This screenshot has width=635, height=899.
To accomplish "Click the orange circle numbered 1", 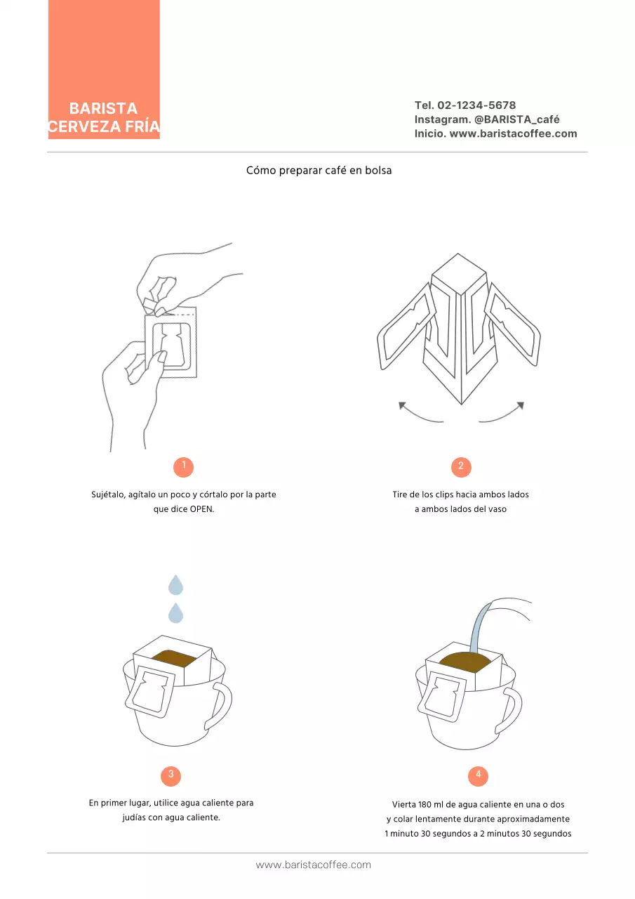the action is (x=183, y=467).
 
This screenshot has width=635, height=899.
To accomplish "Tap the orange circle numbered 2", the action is (x=461, y=467).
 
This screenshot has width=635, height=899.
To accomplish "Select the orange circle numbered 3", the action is (x=171, y=776).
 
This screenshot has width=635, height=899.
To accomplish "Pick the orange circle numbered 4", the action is (x=478, y=776).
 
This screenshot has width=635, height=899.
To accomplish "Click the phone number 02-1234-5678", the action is (x=476, y=105).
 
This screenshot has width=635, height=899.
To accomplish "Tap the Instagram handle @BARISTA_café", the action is (x=516, y=119).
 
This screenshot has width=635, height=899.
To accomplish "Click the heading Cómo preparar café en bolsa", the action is (x=319, y=170).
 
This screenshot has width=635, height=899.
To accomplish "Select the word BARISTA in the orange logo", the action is (x=103, y=108).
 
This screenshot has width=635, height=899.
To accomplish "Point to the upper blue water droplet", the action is (x=175, y=585).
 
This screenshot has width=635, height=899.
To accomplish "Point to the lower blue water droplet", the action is (x=175, y=613).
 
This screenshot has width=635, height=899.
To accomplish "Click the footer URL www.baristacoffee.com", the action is (x=314, y=865).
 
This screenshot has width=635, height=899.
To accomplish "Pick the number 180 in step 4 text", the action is (x=425, y=804).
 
